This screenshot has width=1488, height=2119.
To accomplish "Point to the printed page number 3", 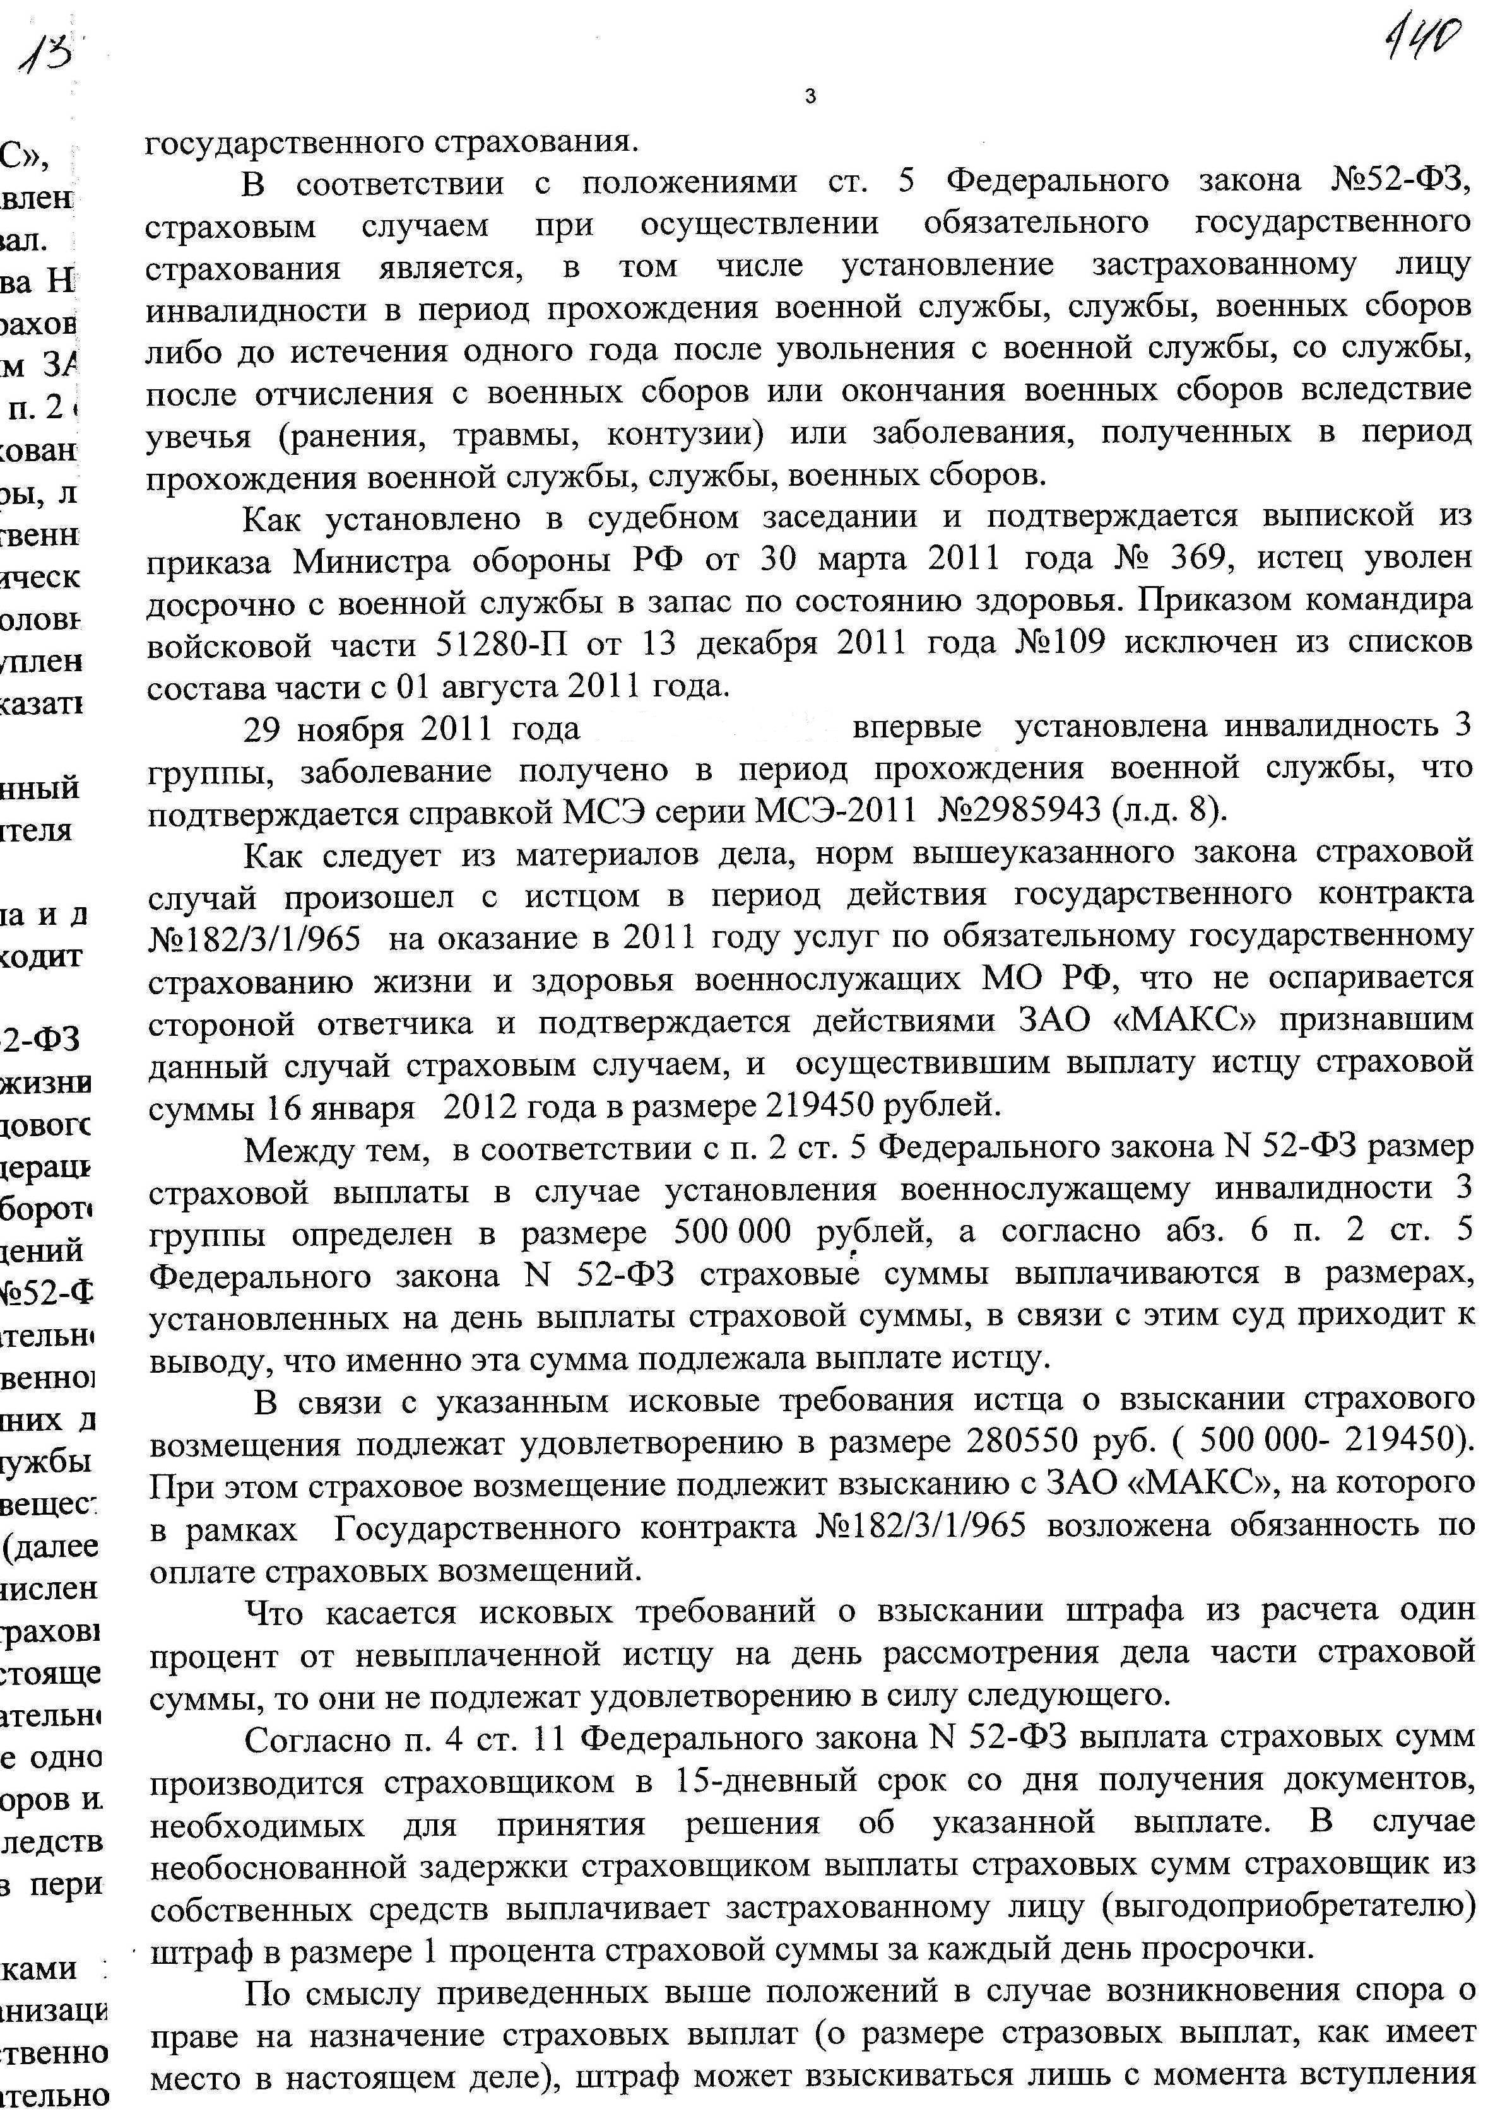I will click(810, 95).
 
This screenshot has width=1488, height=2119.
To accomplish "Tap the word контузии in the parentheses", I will click(682, 435).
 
